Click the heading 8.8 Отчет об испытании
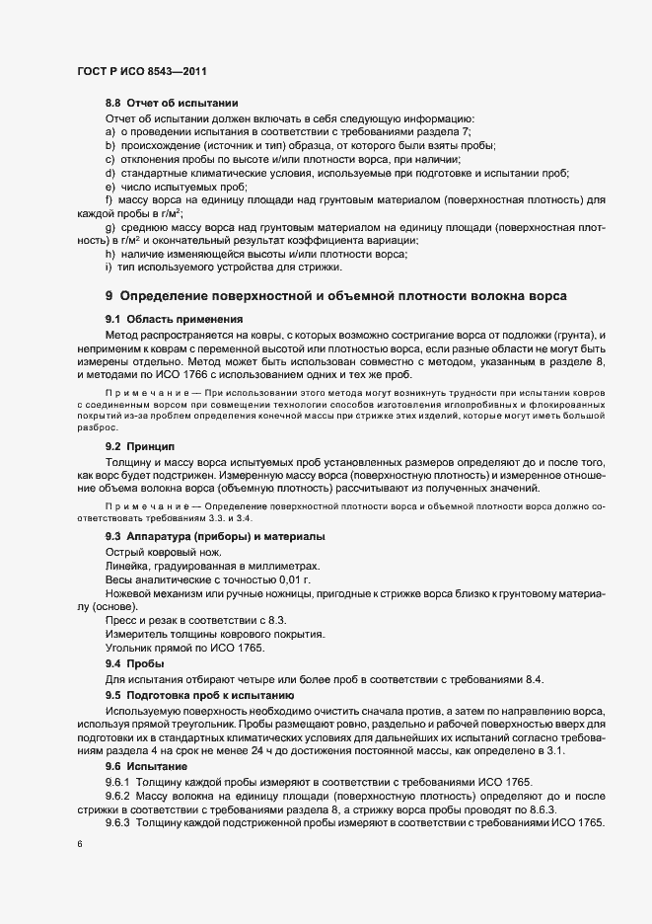tap(172, 104)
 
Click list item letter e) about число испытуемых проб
tap(109, 187)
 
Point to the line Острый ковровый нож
tap(164, 551)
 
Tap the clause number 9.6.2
tap(121, 796)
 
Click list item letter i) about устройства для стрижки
tap(109, 268)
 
